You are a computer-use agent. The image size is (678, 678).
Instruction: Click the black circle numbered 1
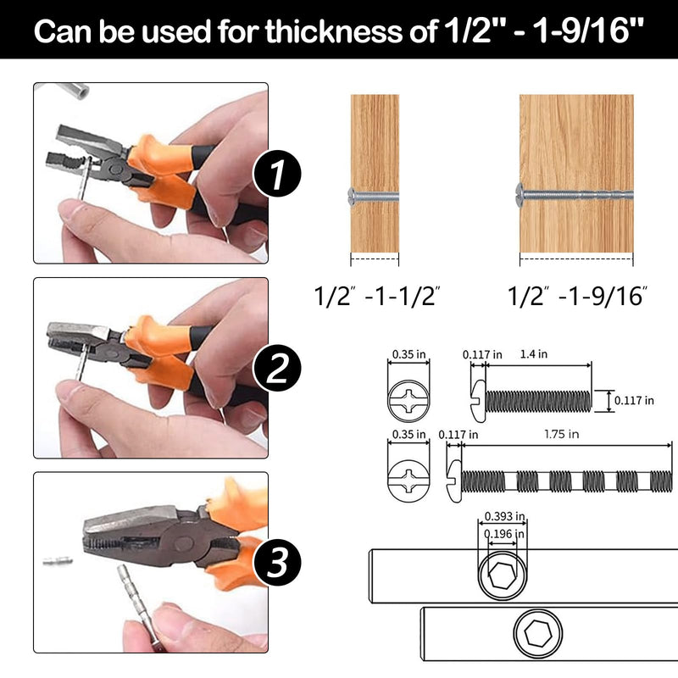(277, 174)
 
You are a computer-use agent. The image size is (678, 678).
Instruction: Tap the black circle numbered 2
(277, 368)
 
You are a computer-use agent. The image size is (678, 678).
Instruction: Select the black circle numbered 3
(277, 562)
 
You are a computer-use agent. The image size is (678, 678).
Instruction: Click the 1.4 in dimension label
(534, 354)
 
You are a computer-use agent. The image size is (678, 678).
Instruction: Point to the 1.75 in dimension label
(561, 434)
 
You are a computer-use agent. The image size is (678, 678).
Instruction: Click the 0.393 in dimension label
(504, 516)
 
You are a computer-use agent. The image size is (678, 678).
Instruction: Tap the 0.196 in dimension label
(504, 534)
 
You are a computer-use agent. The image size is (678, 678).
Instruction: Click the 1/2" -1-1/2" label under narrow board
(376, 296)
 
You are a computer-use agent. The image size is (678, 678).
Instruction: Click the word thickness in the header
(333, 31)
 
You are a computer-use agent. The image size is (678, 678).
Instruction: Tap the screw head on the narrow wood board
(353, 197)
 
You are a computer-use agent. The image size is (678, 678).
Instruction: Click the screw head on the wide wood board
(520, 194)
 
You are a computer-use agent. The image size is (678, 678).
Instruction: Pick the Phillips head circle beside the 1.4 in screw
(408, 400)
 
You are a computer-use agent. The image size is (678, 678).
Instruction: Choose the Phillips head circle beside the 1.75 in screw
(408, 480)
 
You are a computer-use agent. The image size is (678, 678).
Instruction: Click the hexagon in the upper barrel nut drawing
(502, 575)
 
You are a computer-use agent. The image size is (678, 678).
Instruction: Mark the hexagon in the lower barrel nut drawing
(538, 633)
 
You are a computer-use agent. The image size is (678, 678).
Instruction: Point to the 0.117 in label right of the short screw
(634, 400)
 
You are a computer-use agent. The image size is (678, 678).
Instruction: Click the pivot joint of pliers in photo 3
(183, 543)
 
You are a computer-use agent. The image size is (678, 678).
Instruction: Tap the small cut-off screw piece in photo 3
(58, 561)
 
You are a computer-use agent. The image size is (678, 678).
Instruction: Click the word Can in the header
(63, 31)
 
